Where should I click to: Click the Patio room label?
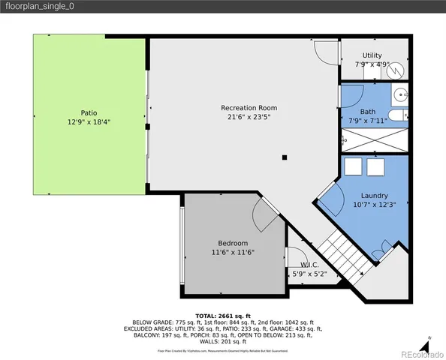click(89, 112)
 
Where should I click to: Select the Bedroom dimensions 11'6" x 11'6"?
click(233, 253)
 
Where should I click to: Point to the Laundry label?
click(373, 195)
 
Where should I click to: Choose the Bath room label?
click(367, 111)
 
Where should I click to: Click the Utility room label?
click(372, 55)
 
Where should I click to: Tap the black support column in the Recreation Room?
click(285, 157)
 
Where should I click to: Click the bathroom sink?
click(402, 95)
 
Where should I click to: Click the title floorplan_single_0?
click(38, 6)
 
